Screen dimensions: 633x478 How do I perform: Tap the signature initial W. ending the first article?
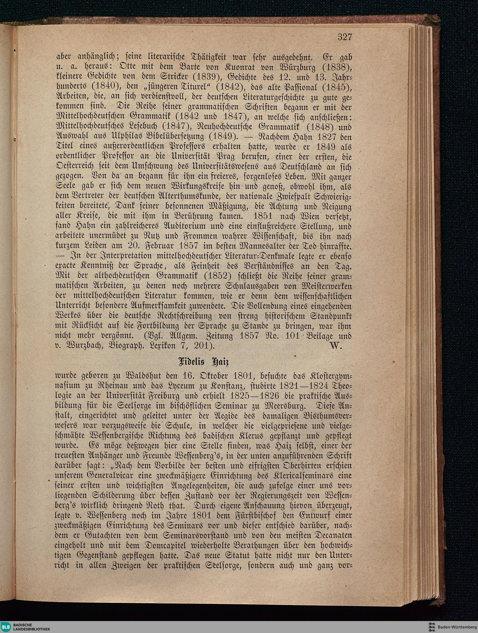coord(336,346)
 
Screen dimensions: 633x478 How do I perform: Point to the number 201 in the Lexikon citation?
coord(203,346)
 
